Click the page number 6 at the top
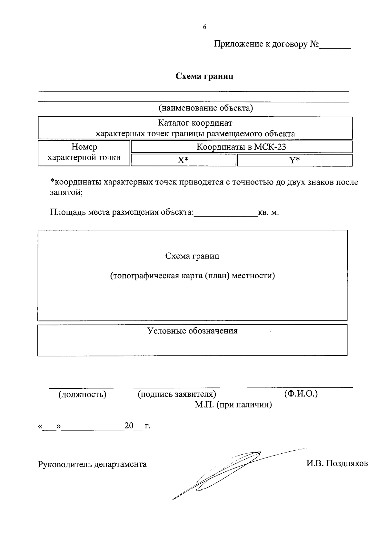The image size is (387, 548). pyautogui.click(x=204, y=27)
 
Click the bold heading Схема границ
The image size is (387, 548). pyautogui.click(x=204, y=76)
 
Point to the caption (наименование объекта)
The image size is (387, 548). pyautogui.click(x=205, y=108)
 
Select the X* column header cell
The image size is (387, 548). pyautogui.click(x=183, y=160)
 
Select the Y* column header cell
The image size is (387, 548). pyautogui.click(x=294, y=160)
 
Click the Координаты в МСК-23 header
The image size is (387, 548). pyautogui.click(x=242, y=147)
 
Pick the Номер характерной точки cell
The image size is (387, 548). pyautogui.click(x=84, y=153)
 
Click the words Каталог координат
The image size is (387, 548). pyautogui.click(x=195, y=123)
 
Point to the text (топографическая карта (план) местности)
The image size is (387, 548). pyautogui.click(x=193, y=276)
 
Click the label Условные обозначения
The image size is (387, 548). pyautogui.click(x=193, y=331)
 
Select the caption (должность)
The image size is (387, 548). pyautogui.click(x=82, y=394)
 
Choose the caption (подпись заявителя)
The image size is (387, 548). pyautogui.click(x=177, y=394)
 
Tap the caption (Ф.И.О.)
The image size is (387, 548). pyautogui.click(x=301, y=394)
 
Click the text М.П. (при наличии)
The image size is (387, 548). pyautogui.click(x=233, y=405)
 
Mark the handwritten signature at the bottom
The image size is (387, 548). pyautogui.click(x=226, y=472)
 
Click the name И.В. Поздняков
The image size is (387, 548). pyautogui.click(x=337, y=464)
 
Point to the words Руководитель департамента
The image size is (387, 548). pyautogui.click(x=92, y=464)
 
